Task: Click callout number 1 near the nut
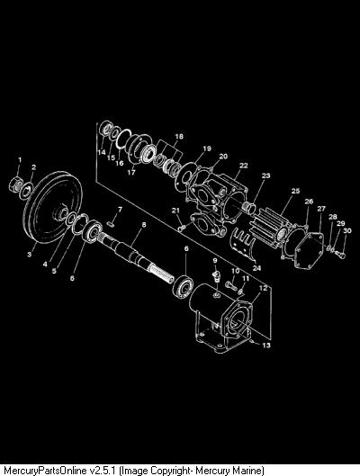20,159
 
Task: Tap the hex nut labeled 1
15,184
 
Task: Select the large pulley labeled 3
53,207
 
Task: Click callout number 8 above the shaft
144,225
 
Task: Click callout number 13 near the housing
266,346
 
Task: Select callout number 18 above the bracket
179,136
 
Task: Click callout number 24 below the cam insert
256,268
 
